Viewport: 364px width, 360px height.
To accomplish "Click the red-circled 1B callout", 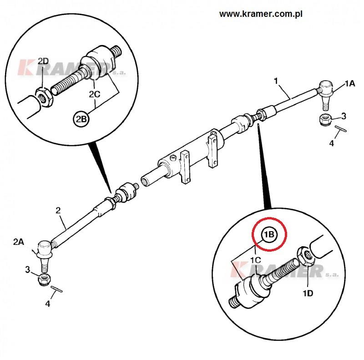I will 269,235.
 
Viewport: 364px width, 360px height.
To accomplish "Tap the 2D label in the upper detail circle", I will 43,61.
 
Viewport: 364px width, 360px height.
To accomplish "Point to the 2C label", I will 95,94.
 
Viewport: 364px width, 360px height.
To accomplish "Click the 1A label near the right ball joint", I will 349,83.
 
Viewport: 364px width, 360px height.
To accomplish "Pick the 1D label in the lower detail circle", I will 308,293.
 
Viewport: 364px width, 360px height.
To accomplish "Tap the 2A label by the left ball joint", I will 19,242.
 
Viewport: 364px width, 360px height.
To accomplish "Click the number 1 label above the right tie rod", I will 276,81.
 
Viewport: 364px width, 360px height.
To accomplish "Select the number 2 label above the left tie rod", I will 58,210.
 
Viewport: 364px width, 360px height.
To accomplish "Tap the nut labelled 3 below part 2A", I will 44,279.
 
